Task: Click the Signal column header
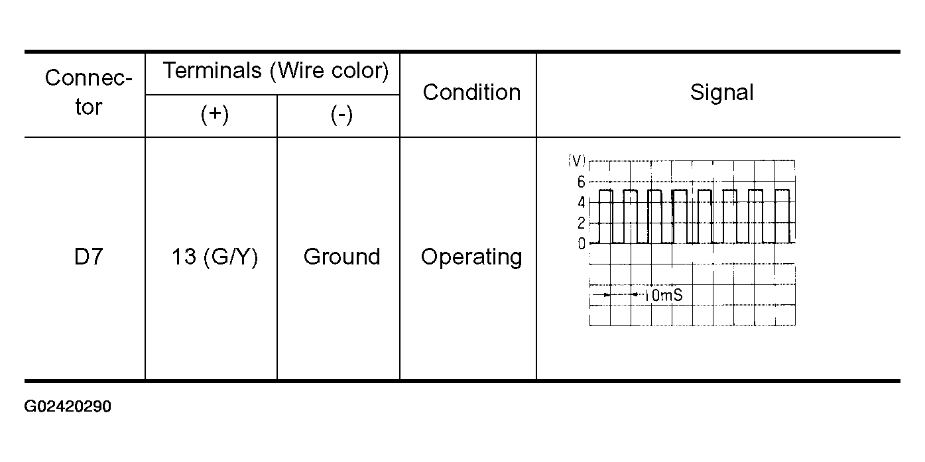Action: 721,92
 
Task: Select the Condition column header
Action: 471,92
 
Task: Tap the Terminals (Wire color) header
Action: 276,71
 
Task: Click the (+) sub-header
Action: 215,115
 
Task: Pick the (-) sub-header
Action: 341,115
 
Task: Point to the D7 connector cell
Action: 88,257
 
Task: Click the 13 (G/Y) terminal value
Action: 215,257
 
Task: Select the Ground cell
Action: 341,257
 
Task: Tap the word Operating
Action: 471,257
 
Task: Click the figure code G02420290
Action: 68,407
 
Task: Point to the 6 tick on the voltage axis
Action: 582,182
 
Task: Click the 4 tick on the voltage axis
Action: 582,202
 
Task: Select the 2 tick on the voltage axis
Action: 582,223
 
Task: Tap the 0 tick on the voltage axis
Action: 582,244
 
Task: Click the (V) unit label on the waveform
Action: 576,160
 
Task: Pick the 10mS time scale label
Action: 664,295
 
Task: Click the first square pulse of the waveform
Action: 606,190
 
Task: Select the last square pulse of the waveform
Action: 782,190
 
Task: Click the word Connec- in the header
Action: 88,78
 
